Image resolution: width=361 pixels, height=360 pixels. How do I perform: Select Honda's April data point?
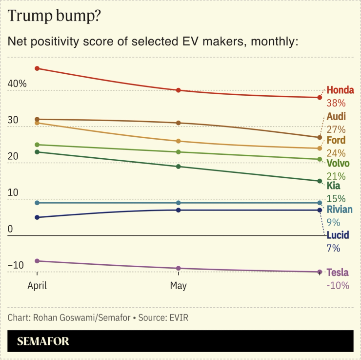[37, 68]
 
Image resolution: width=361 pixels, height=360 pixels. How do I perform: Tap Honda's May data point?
[179, 90]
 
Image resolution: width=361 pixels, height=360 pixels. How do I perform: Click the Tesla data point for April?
[37, 261]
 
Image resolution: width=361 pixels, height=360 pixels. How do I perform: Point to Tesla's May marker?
[179, 268]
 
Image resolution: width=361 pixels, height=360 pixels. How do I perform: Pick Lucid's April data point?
[37, 217]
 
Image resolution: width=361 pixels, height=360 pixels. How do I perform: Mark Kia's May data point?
[179, 167]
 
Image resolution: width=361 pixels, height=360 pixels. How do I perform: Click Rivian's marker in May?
[179, 203]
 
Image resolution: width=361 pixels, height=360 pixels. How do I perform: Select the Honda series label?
[340, 90]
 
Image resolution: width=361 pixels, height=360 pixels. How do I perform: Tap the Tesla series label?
[338, 273]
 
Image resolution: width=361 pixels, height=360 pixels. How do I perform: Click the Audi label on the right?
[336, 117]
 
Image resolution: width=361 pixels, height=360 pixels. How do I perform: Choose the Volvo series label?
[338, 163]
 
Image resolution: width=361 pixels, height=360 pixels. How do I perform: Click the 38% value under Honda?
[336, 103]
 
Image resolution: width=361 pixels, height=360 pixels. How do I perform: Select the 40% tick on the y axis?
[17, 84]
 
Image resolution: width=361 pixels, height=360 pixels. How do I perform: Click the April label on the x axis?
[37, 286]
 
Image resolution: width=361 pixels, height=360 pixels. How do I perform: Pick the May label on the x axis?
[179, 286]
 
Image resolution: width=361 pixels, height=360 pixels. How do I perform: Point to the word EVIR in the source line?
[178, 318]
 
